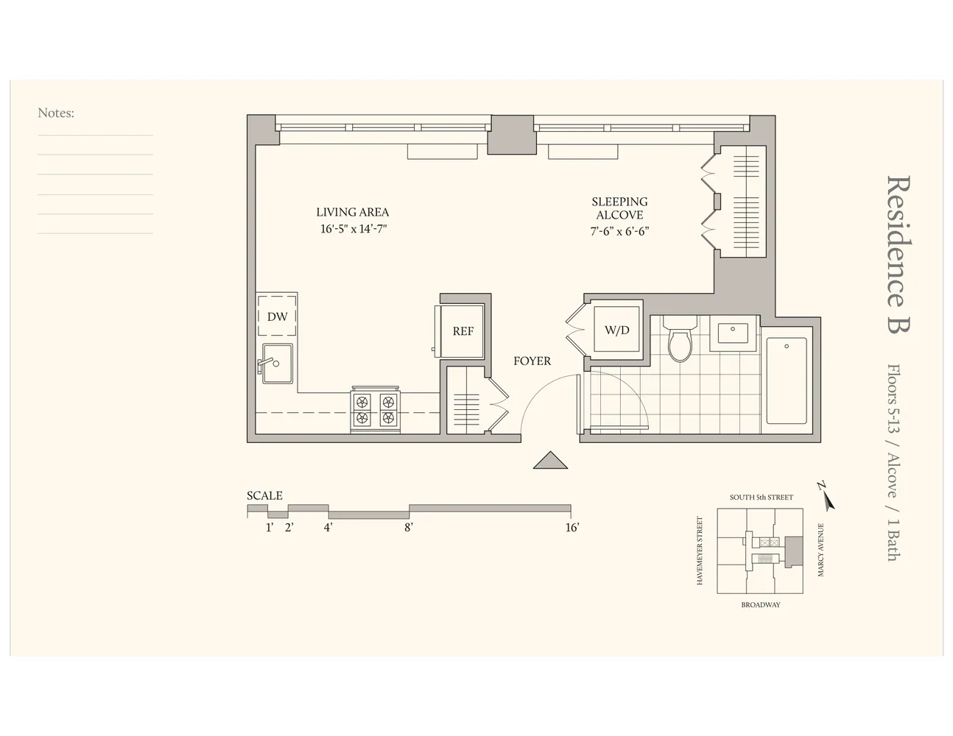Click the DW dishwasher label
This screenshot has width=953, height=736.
277,317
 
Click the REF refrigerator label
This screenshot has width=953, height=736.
463,331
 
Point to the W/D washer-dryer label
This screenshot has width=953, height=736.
617,330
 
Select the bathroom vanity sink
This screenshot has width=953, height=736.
733,335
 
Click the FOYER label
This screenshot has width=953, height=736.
532,361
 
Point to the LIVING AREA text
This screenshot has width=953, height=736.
353,212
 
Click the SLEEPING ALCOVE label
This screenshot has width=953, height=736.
619,208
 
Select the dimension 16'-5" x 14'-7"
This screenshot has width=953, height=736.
353,229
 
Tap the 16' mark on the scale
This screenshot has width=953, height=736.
572,527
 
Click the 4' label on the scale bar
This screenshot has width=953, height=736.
328,527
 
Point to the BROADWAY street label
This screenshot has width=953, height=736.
761,605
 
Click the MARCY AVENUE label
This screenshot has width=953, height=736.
821,550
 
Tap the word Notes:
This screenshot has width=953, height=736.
56,113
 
